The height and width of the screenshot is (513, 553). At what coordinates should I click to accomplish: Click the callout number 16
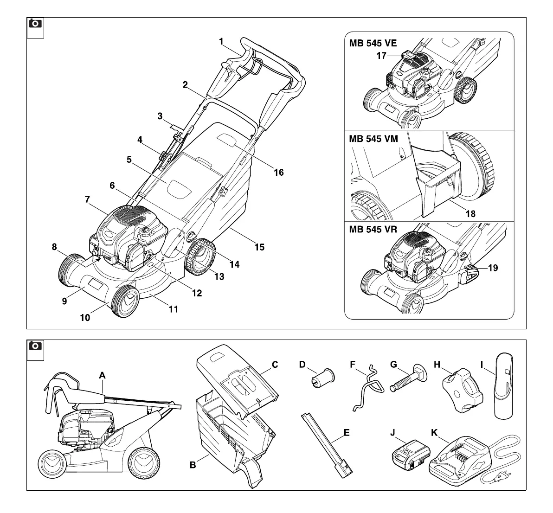pos(278,173)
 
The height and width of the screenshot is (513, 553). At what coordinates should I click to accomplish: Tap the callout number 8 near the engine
pos(54,247)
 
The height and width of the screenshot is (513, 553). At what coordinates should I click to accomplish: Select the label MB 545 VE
pos(373,44)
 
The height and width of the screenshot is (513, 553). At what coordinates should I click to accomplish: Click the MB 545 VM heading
pos(373,139)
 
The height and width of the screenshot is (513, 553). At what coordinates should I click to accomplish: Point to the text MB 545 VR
pos(373,230)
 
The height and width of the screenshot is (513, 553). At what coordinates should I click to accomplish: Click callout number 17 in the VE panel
pos(381,56)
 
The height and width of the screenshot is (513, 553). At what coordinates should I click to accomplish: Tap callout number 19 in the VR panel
pos(493,268)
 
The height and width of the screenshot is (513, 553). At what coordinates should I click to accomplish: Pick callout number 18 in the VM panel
pos(470,214)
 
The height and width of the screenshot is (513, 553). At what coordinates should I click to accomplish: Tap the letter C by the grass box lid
pos(275,365)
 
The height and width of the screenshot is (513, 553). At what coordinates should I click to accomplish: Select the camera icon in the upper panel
pos(35,23)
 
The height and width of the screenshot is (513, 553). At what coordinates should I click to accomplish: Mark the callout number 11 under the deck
pos(173,309)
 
